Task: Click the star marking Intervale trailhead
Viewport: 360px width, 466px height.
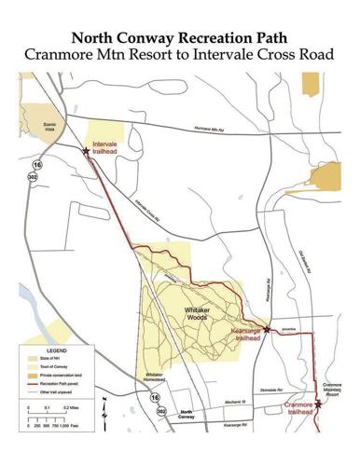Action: pyautogui.click(x=87, y=150)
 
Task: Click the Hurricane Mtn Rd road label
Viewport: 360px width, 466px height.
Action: pyautogui.click(x=209, y=131)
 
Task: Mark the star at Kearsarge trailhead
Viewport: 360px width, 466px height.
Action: pyautogui.click(x=267, y=329)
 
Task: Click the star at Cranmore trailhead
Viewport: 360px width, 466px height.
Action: pyautogui.click(x=318, y=404)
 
